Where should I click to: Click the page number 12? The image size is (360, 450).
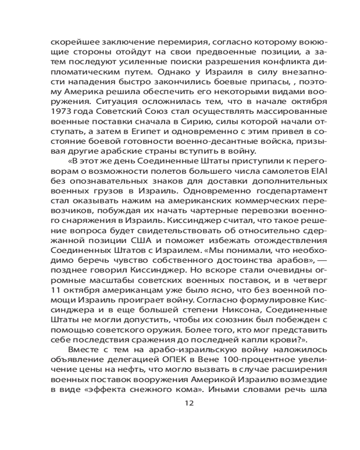189,403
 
